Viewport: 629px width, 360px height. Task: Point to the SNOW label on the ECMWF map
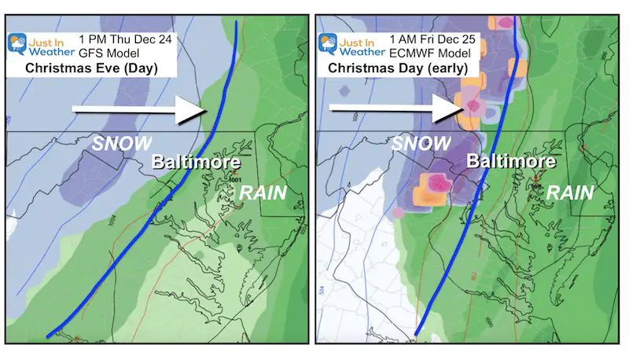pos(419,144)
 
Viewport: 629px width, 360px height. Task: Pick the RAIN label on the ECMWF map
pos(570,191)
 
